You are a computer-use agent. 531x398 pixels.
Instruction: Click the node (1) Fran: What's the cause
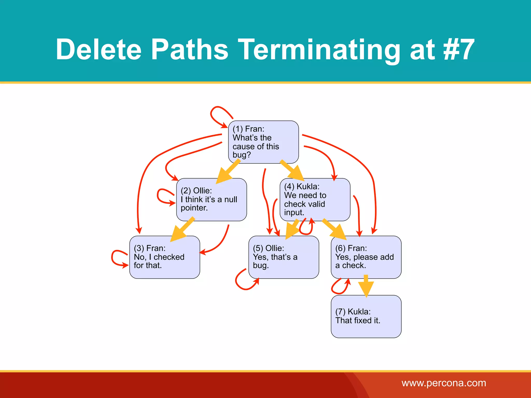click(263, 142)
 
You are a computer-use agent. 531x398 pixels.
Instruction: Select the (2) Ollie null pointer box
click(211, 199)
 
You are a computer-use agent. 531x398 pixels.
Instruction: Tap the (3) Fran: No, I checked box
click(164, 257)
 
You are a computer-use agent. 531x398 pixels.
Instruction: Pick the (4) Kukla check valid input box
click(315, 199)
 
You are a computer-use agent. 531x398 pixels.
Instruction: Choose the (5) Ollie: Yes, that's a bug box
click(283, 257)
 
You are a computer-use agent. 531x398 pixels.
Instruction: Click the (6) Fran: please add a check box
click(366, 257)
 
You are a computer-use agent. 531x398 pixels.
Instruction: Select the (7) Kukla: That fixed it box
click(366, 316)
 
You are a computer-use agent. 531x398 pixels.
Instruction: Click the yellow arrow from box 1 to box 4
click(292, 170)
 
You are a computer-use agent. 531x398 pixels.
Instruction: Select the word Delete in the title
click(99, 49)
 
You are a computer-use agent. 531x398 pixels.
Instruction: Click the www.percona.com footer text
click(444, 383)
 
